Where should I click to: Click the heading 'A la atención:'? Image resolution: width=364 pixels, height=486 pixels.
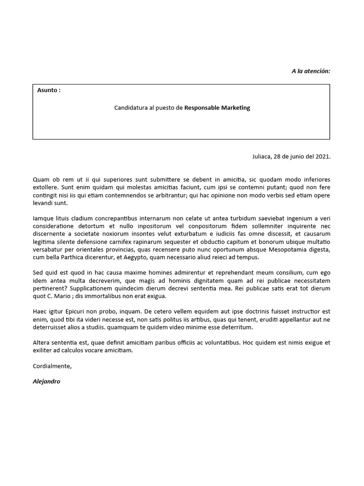[310, 71]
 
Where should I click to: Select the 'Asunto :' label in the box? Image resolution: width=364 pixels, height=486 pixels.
[49, 90]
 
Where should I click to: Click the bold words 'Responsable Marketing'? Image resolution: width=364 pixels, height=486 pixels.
[217, 108]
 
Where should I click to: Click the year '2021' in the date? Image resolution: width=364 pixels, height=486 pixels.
[322, 156]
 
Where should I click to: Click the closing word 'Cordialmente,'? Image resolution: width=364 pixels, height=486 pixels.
[52, 366]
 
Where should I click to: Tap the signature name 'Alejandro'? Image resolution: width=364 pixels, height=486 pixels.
[46, 381]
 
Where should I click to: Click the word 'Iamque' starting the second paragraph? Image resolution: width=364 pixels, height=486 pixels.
[43, 219]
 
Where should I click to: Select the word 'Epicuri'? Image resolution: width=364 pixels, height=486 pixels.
[85, 311]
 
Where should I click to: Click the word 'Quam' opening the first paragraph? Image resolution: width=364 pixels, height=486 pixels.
[41, 179]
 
